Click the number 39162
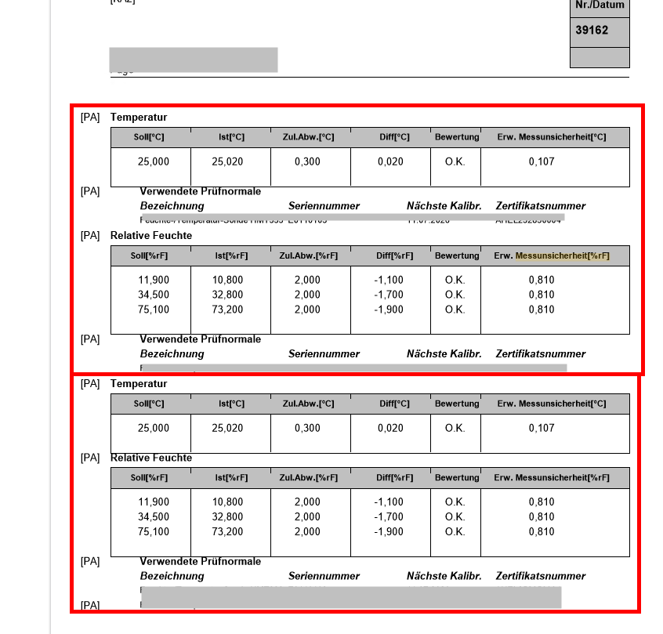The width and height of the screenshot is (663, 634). click(592, 30)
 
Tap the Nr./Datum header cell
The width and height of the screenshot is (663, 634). click(600, 5)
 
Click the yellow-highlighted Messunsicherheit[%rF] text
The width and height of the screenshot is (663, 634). click(562, 255)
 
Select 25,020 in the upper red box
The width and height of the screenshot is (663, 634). click(227, 161)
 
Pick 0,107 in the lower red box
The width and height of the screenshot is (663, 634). click(542, 428)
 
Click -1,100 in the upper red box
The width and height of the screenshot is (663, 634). click(389, 280)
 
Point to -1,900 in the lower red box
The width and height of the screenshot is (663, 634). click(389, 531)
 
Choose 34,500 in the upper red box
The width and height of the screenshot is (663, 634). click(154, 295)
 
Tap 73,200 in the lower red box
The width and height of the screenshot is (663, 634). click(227, 531)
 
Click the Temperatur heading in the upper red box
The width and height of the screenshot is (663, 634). click(139, 118)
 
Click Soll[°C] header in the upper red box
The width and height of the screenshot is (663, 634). click(149, 137)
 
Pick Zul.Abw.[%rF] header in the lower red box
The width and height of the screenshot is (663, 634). click(308, 477)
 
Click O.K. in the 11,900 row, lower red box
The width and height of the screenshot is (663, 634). click(455, 502)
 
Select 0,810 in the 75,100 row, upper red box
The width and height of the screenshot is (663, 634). click(542, 310)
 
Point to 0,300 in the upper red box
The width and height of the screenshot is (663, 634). click(308, 161)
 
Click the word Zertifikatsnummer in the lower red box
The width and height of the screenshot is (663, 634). click(541, 576)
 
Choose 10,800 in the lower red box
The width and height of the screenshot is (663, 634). click(227, 502)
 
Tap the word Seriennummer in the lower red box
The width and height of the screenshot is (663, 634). click(324, 576)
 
